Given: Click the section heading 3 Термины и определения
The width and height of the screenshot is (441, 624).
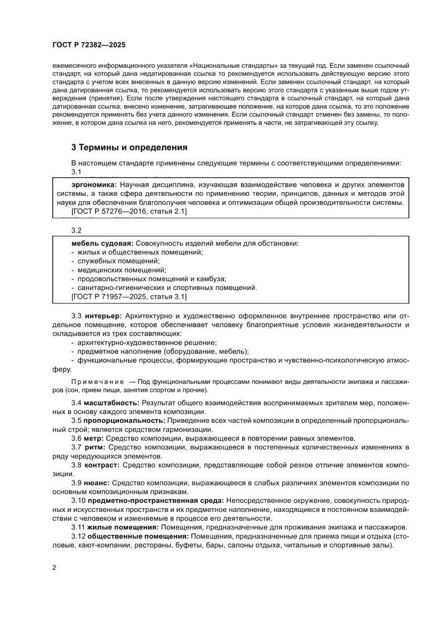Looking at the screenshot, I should click(x=129, y=147).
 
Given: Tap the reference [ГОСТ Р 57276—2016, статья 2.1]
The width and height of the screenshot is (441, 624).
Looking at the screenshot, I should click(x=129, y=211).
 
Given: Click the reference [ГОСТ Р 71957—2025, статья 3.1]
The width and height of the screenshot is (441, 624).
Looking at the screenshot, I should click(x=129, y=296).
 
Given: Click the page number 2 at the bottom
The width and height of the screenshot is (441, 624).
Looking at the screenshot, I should click(x=54, y=567).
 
